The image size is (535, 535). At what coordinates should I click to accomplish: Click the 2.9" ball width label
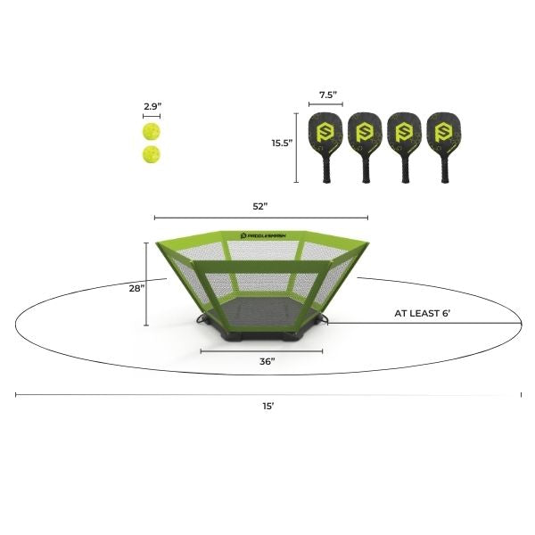click(152, 106)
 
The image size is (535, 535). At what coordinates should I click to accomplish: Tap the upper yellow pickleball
click(152, 132)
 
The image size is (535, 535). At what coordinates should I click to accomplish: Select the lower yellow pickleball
click(152, 154)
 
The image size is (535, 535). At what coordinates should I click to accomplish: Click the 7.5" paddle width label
click(328, 95)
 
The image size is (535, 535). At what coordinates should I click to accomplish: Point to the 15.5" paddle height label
click(282, 143)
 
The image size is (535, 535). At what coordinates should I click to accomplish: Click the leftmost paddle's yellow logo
click(325, 132)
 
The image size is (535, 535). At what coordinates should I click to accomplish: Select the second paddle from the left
click(365, 147)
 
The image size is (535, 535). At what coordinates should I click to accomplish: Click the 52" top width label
click(260, 207)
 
